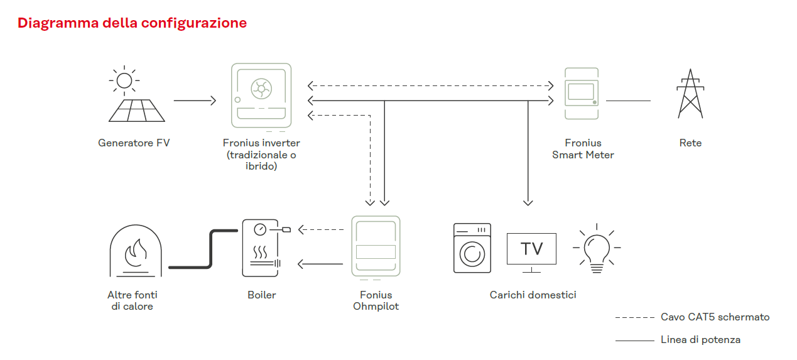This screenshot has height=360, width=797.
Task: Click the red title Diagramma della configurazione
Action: click(x=132, y=23)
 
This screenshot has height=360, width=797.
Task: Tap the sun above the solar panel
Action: click(x=124, y=80)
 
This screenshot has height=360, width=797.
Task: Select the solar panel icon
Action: click(x=137, y=111)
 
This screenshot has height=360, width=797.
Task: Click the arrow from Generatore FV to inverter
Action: click(x=195, y=101)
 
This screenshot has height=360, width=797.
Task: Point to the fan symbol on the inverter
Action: click(x=261, y=89)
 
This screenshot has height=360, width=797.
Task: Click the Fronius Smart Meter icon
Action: click(x=582, y=94)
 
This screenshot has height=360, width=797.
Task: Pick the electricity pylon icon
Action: click(x=690, y=94)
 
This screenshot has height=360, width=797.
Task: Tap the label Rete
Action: click(x=690, y=143)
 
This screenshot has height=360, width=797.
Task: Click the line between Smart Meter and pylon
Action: click(x=628, y=101)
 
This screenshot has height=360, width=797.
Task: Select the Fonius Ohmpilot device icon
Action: click(x=376, y=246)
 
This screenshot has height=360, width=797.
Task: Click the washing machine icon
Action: click(x=472, y=248)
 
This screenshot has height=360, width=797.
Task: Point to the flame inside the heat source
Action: click(x=136, y=253)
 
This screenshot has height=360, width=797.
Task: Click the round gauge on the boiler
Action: click(x=260, y=230)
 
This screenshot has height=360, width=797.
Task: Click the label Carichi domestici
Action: click(x=533, y=295)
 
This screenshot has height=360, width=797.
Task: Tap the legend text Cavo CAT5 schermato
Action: click(x=715, y=317)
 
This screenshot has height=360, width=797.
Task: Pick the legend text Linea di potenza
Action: click(x=700, y=340)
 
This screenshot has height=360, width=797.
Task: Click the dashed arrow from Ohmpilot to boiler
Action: click(x=321, y=230)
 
